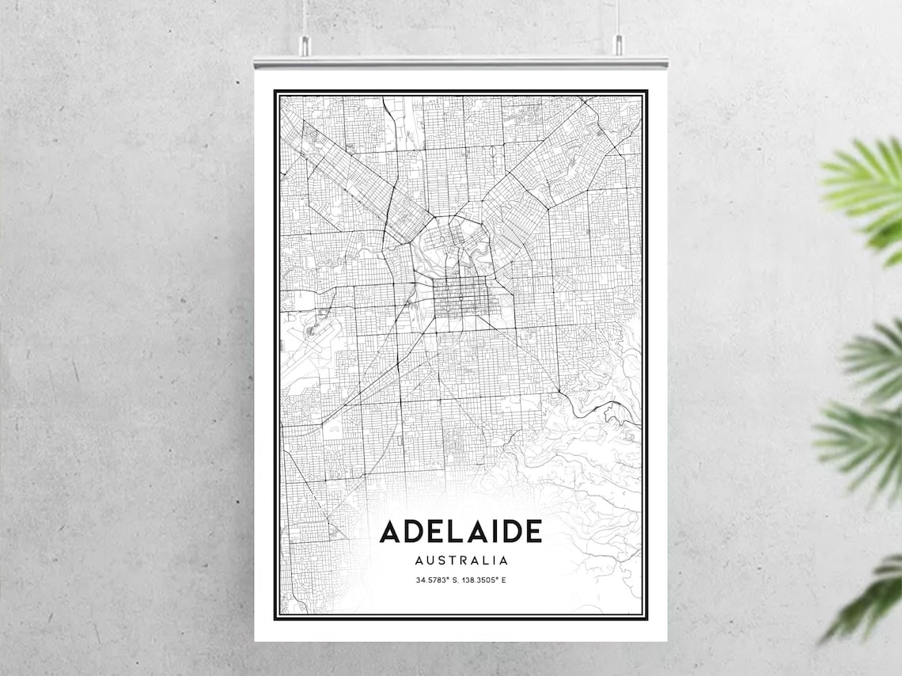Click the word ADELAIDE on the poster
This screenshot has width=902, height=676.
[460, 531]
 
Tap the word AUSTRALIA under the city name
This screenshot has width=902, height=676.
[460, 560]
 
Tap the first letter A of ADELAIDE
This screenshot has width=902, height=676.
[390, 531]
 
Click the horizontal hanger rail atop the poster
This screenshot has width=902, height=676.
[460, 62]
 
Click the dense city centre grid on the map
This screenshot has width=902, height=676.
[458, 302]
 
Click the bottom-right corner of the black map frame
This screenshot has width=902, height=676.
[646, 617]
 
